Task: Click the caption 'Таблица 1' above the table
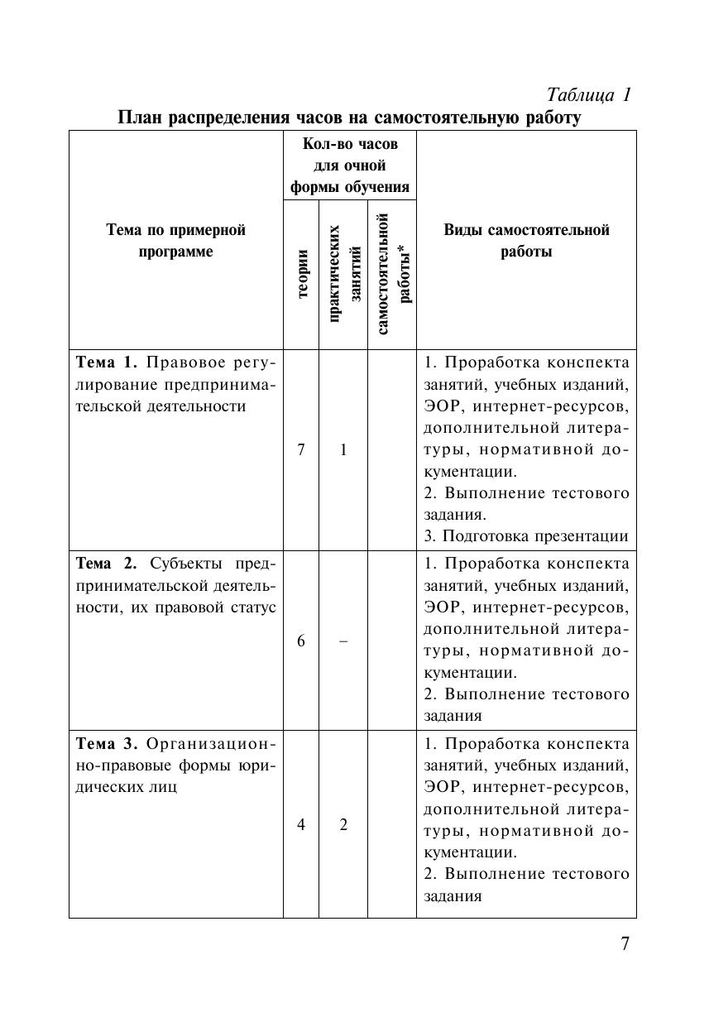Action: [x=590, y=95]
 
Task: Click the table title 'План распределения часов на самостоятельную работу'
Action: [x=349, y=118]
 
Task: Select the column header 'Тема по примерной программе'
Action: [x=175, y=240]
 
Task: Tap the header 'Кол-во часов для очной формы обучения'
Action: [x=350, y=166]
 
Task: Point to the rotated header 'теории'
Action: [x=302, y=273]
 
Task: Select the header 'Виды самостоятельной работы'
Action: [x=526, y=240]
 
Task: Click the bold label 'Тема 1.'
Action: [x=107, y=362]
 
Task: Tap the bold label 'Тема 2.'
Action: [x=108, y=564]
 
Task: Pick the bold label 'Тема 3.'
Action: [x=107, y=743]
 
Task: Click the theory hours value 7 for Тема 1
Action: [x=301, y=449]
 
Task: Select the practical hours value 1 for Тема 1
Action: [x=343, y=449]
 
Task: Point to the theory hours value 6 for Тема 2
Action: [x=301, y=641]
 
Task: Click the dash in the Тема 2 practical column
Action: [x=343, y=641]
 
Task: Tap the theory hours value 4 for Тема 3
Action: [x=301, y=824]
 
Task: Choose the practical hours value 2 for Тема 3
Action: [x=343, y=824]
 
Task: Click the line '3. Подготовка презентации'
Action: [x=526, y=535]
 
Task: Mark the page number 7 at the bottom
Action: [x=625, y=943]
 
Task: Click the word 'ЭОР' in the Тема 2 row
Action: [x=442, y=607]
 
